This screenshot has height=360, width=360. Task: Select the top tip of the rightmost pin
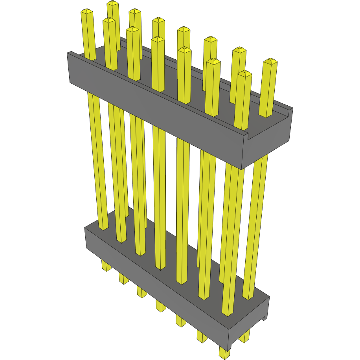270,61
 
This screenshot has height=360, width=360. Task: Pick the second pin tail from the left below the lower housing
123,279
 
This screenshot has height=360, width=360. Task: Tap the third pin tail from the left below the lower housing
141,292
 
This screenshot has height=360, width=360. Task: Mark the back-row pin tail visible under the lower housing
244,336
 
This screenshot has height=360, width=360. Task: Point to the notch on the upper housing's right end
247,136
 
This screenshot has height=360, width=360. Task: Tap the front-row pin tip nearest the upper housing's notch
244,73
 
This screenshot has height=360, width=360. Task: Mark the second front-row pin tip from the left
109,20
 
